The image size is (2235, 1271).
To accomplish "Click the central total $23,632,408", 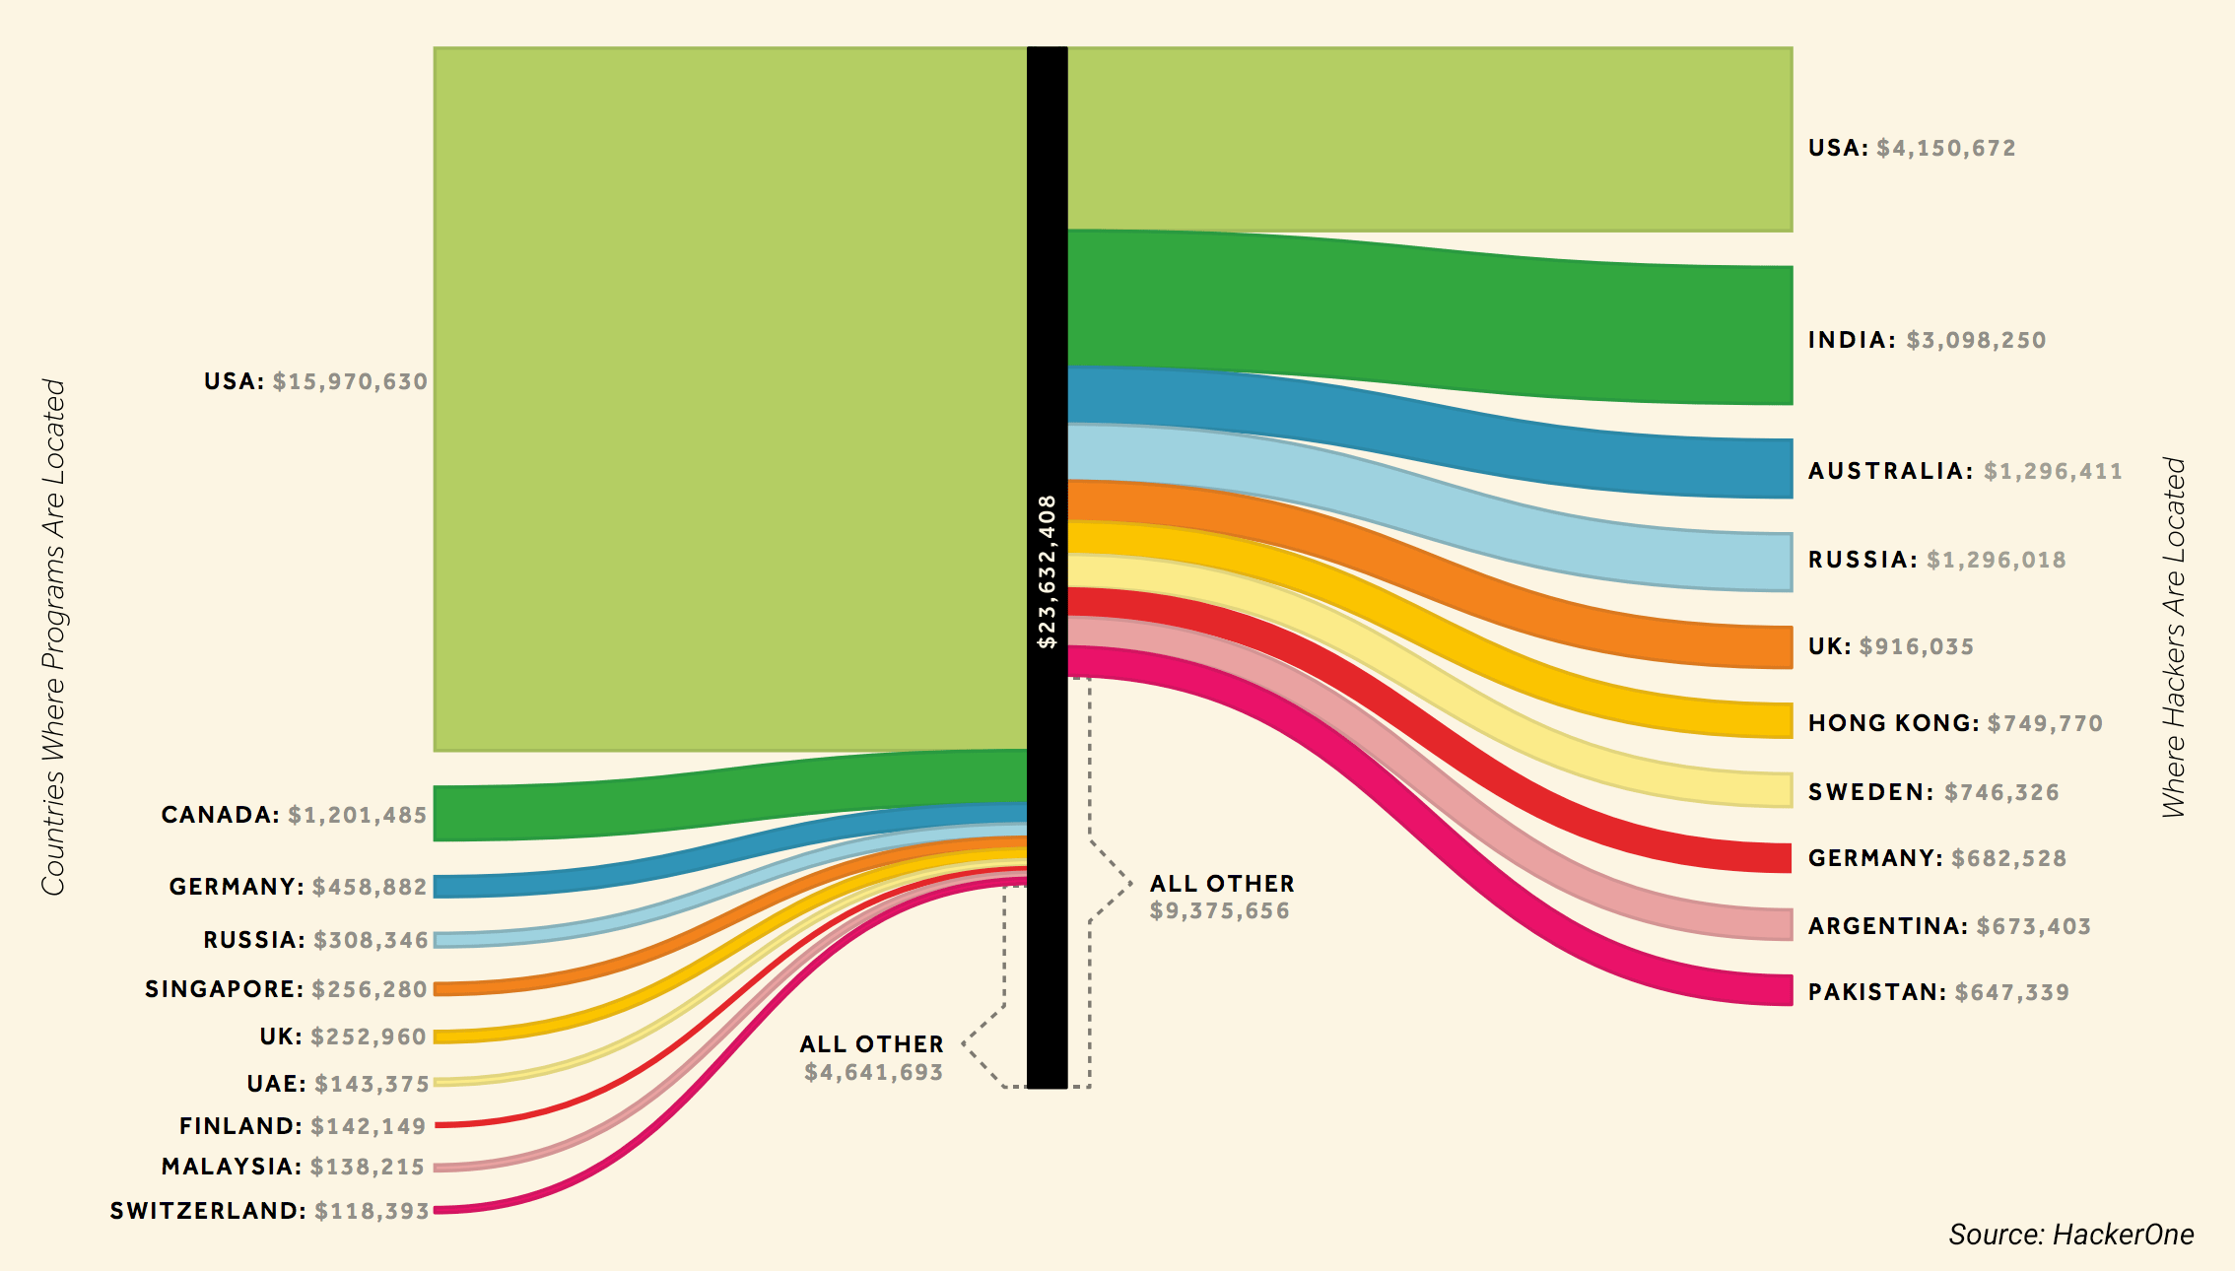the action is pyautogui.click(x=1047, y=571).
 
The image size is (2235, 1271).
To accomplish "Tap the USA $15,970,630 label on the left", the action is pyautogui.click(x=315, y=381).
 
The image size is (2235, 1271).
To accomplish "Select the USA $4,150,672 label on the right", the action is pyautogui.click(x=1912, y=148).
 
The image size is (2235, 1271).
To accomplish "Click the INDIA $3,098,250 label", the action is pyautogui.click(x=1927, y=340).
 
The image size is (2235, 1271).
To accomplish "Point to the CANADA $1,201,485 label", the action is pyautogui.click(x=294, y=815).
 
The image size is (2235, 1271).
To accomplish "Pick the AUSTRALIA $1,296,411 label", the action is pyautogui.click(x=1965, y=471).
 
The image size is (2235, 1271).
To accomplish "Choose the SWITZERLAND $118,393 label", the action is pyautogui.click(x=269, y=1211).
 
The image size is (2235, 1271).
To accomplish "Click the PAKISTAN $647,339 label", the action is pyautogui.click(x=1938, y=992).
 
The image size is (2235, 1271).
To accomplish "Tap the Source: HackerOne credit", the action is pyautogui.click(x=2071, y=1235).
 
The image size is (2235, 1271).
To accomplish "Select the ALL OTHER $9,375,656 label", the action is pyautogui.click(x=1222, y=897).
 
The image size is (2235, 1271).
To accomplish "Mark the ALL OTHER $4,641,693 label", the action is pyautogui.click(x=872, y=1058).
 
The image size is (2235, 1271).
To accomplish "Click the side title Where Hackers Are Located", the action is pyautogui.click(x=2174, y=637).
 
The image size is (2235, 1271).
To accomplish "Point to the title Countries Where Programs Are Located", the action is pyautogui.click(x=53, y=637).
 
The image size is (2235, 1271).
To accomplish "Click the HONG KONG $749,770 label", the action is pyautogui.click(x=1955, y=723).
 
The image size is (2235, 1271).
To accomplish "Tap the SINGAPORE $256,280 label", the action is pyautogui.click(x=286, y=989).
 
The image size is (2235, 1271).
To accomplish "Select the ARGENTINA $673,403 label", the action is pyautogui.click(x=1949, y=926).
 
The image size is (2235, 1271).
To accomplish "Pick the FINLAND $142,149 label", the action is pyautogui.click(x=303, y=1126).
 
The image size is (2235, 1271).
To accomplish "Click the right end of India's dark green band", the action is pyautogui.click(x=1792, y=335).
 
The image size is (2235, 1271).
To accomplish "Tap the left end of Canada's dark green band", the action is pyautogui.click(x=435, y=813).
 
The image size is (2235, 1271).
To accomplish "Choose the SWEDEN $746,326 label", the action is pyautogui.click(x=1933, y=792).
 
